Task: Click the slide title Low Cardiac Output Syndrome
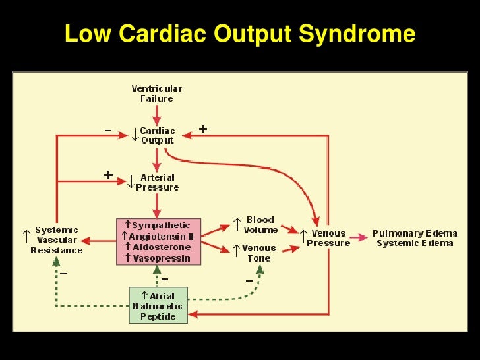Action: click(x=240, y=34)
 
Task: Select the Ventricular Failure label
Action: click(x=157, y=94)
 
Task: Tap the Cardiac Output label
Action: click(x=157, y=135)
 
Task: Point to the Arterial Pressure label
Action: click(x=157, y=182)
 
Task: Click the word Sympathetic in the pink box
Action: click(x=162, y=225)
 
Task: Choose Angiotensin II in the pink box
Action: click(x=162, y=236)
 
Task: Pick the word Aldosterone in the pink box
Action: click(x=162, y=247)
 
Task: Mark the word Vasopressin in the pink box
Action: click(x=162, y=258)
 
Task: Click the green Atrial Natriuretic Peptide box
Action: click(x=158, y=305)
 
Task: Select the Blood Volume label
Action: click(x=261, y=225)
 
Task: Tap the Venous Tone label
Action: click(x=258, y=253)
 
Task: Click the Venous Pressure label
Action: click(x=328, y=238)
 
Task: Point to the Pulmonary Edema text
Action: click(x=415, y=233)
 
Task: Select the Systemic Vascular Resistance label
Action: click(x=57, y=240)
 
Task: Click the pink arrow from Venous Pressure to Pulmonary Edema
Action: click(x=359, y=238)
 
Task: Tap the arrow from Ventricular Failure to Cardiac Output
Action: click(x=157, y=113)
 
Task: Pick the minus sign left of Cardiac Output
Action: click(x=107, y=131)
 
